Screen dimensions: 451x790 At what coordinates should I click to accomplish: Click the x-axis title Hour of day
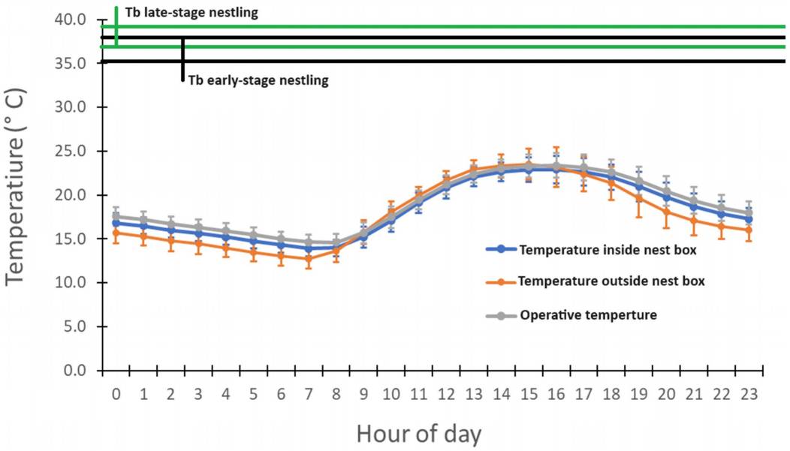coord(419,433)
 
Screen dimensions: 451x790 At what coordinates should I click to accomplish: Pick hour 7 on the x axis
coord(308,394)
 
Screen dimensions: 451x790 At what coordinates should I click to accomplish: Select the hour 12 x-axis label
coord(446,394)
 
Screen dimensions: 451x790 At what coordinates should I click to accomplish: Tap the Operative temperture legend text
coord(588,315)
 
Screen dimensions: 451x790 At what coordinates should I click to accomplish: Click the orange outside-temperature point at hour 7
coord(308,259)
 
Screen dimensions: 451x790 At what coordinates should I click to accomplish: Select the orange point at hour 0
coord(116,233)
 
